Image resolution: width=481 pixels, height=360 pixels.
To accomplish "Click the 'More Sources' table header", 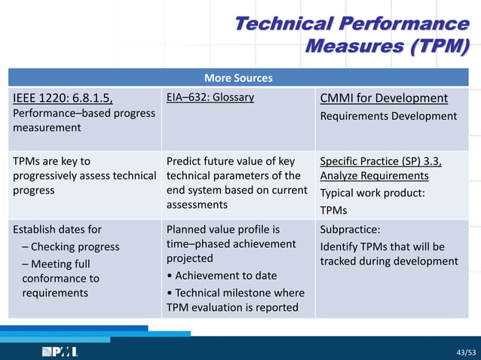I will (238, 78).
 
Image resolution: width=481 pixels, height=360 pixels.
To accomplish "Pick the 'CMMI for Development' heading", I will (384, 98).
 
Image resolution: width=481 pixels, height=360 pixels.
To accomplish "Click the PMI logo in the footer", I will (60, 352).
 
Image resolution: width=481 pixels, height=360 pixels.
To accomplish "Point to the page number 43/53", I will (466, 352).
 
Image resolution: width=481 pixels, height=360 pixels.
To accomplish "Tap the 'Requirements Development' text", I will (388, 116).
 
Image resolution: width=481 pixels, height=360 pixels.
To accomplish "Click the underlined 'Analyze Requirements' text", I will (374, 175).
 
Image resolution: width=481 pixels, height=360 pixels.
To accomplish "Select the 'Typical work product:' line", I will (372, 193).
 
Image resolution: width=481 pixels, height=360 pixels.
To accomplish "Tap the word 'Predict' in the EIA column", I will (184, 161).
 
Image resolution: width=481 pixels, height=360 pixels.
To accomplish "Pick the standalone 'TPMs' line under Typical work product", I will (334, 210).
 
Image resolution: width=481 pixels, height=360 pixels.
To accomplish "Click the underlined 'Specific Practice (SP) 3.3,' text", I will (381, 161).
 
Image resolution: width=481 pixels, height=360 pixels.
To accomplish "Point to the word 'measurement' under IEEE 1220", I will (47, 128).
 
